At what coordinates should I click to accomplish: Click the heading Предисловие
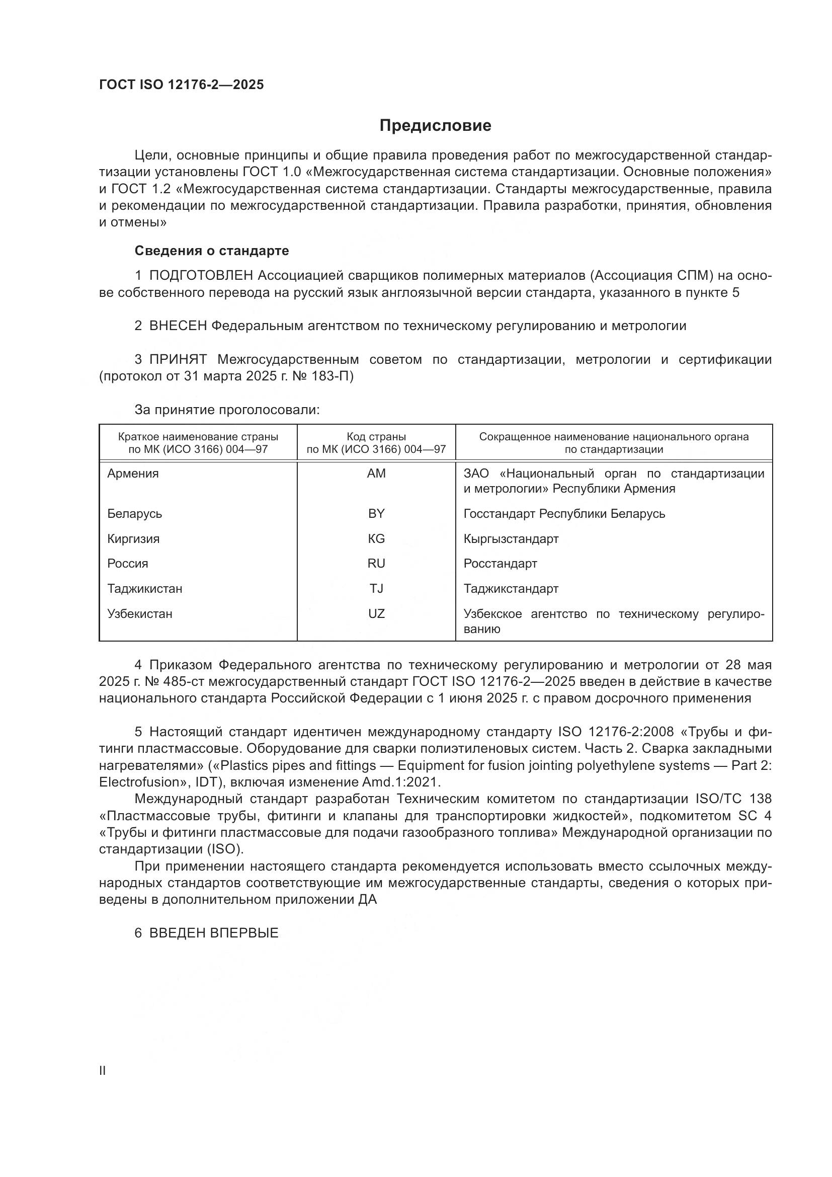[x=435, y=126]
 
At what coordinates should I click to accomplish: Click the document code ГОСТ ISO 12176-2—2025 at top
[x=182, y=85]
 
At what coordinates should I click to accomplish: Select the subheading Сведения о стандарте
[x=212, y=251]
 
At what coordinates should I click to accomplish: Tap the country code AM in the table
[x=376, y=474]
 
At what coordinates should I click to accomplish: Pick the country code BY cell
[x=376, y=514]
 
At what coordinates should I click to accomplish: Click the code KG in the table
[x=376, y=539]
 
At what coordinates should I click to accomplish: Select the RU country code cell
[x=376, y=564]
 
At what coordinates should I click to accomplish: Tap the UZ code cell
[x=376, y=613]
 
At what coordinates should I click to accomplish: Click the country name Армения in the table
[x=133, y=474]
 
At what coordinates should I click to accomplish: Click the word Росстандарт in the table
[x=500, y=564]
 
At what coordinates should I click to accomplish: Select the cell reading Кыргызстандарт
[x=511, y=539]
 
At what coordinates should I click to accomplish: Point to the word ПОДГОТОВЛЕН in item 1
[x=201, y=276]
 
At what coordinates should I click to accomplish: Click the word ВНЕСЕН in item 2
[x=178, y=326]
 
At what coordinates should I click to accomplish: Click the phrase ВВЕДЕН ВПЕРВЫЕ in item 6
[x=214, y=933]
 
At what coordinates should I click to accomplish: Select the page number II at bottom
[x=103, y=1071]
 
